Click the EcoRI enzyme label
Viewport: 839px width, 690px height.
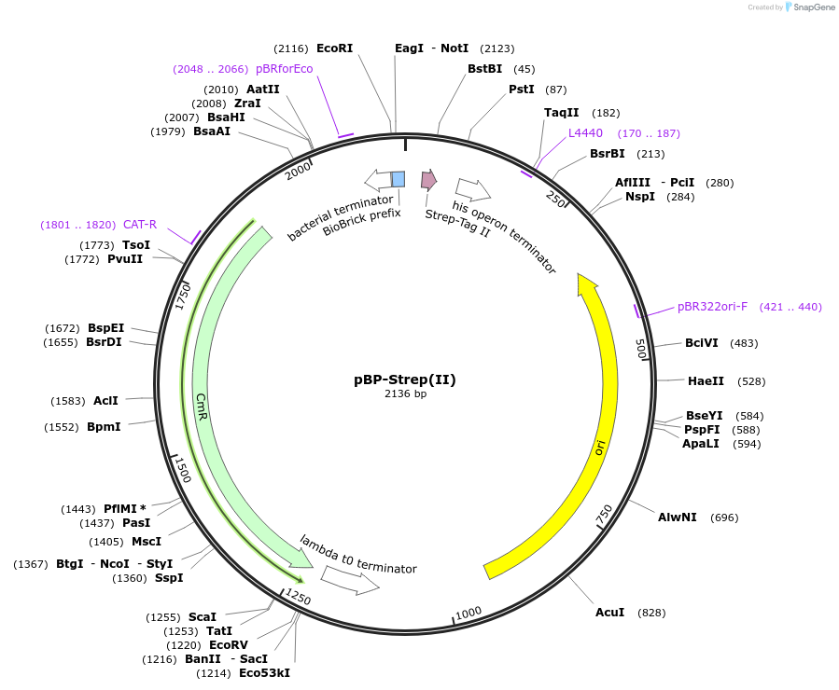click(x=334, y=48)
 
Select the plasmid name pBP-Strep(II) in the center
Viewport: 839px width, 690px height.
click(x=405, y=379)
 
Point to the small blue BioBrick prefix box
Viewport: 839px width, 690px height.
click(x=398, y=179)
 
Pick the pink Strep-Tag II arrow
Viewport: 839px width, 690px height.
click(x=428, y=179)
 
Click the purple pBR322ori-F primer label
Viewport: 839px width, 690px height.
click(x=712, y=307)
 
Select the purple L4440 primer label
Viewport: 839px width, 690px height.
click(x=585, y=133)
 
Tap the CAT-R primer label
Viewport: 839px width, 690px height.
click(x=140, y=225)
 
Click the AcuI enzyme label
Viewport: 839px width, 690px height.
click(x=610, y=613)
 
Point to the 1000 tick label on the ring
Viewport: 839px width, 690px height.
click(x=468, y=612)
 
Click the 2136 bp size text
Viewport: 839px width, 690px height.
click(x=405, y=394)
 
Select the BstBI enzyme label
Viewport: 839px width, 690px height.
click(x=484, y=69)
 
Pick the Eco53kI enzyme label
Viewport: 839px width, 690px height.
click(x=264, y=672)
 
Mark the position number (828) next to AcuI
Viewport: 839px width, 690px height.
click(x=651, y=613)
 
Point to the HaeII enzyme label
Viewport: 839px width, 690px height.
click(x=705, y=380)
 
